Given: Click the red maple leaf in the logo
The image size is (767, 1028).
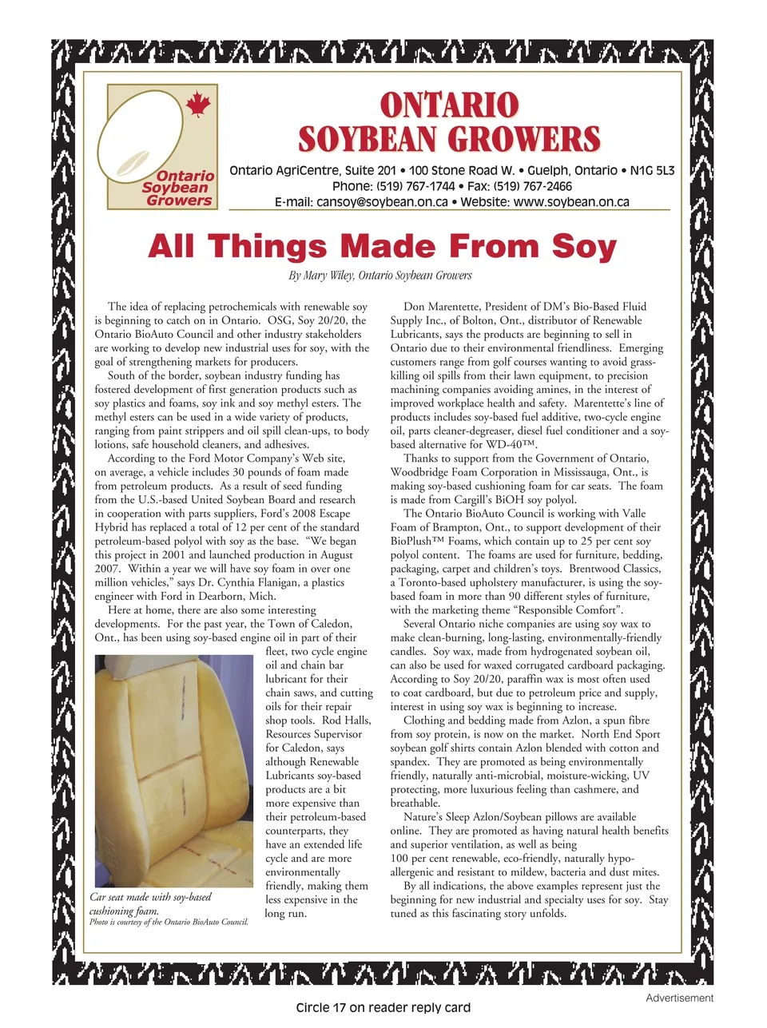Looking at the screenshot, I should [197, 104].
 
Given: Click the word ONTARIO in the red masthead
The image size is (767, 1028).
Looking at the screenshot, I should [449, 105].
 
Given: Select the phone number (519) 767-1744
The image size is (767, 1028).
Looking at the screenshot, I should [415, 186].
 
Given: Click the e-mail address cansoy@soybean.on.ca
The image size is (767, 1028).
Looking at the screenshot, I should [382, 202].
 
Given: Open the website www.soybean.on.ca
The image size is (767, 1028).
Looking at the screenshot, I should [570, 202].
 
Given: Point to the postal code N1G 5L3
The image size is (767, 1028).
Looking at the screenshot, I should [652, 170].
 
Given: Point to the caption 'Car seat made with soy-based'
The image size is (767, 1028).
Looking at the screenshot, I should [150, 897].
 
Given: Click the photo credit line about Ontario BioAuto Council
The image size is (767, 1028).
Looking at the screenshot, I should [169, 923].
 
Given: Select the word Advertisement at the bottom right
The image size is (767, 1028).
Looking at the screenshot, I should [679, 998].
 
